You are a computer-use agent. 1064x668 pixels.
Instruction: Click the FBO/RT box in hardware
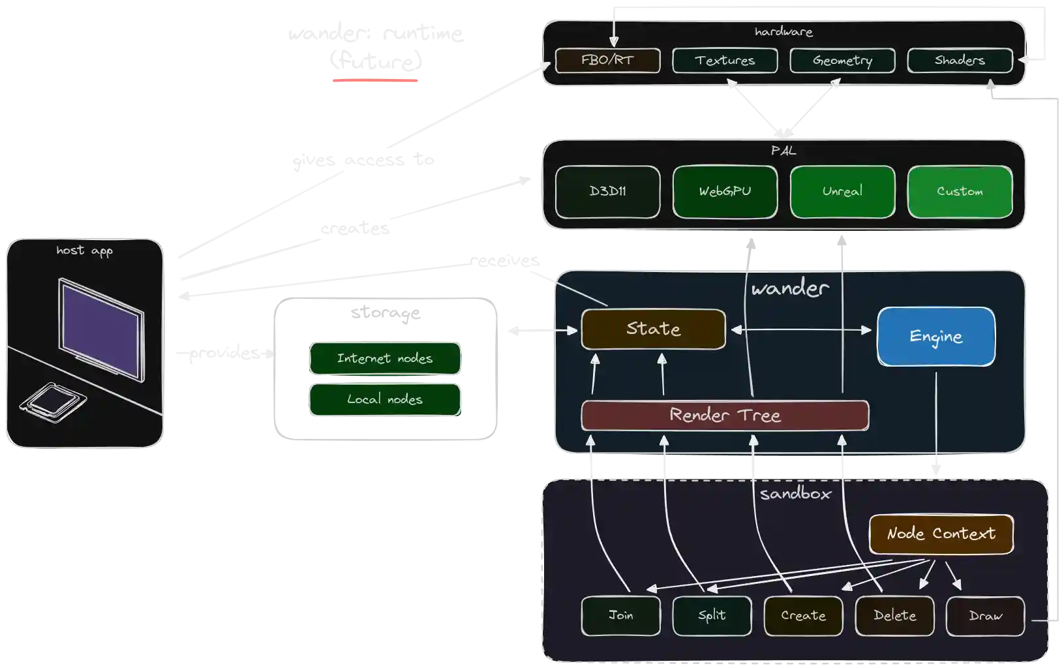click(607, 61)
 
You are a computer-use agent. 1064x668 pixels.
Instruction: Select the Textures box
click(725, 61)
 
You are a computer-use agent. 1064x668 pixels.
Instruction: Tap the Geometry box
click(842, 61)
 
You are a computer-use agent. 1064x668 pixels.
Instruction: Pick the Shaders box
click(960, 61)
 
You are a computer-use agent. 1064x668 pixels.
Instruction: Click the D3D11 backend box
click(607, 192)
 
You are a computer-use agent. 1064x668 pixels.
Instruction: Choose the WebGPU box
click(725, 192)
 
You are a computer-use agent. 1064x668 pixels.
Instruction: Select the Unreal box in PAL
click(842, 192)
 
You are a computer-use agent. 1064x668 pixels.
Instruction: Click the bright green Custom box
click(960, 192)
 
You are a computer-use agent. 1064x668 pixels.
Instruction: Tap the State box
click(653, 329)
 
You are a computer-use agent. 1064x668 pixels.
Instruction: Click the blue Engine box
click(936, 337)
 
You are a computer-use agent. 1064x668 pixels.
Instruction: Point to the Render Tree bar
click(725, 416)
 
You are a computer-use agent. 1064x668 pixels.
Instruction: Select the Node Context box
click(941, 534)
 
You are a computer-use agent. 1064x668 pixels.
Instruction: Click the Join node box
click(620, 615)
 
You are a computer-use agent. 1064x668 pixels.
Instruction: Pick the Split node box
click(712, 615)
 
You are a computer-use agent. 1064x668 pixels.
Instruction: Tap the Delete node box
click(894, 615)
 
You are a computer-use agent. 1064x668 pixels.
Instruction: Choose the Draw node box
click(985, 615)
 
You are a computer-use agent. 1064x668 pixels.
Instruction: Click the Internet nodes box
click(386, 358)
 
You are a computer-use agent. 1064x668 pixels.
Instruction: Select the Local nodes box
click(386, 399)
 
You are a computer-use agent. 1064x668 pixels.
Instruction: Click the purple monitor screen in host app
click(101, 329)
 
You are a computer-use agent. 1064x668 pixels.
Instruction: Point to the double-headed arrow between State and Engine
click(801, 330)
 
